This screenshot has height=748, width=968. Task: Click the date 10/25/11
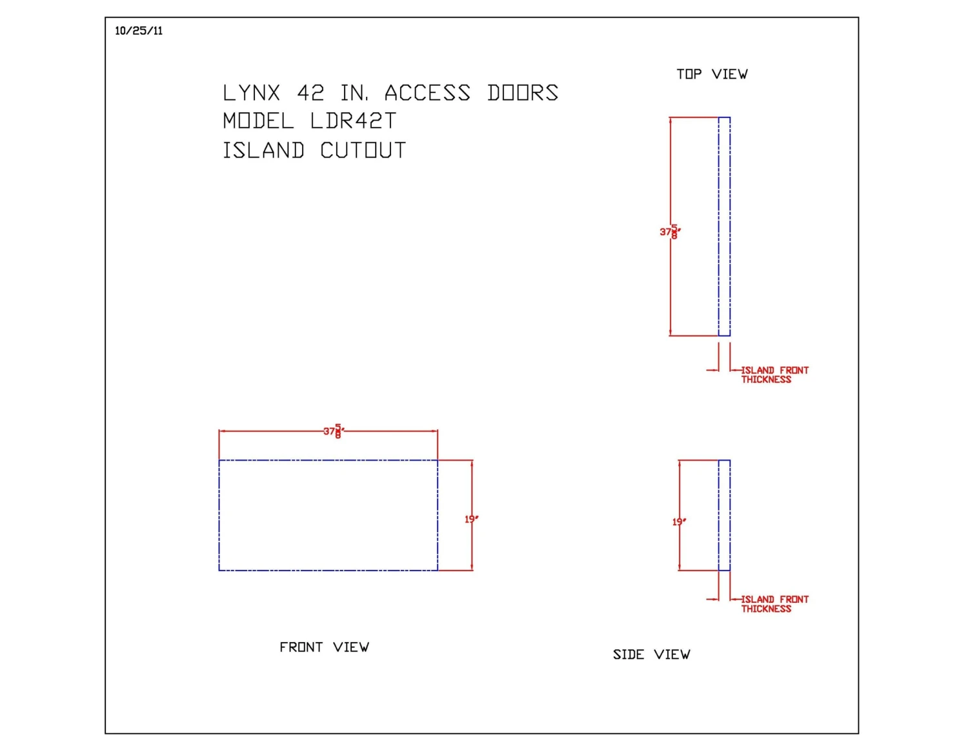click(139, 31)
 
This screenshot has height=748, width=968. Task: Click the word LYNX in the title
click(252, 93)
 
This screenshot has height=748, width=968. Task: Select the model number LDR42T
click(353, 121)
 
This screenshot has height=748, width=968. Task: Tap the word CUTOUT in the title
click(363, 150)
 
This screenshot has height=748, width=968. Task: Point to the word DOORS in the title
click(523, 93)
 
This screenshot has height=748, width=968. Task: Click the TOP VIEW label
click(712, 74)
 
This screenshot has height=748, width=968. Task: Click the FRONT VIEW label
click(324, 647)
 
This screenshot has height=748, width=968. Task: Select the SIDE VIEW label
click(651, 655)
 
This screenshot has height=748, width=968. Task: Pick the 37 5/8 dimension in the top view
click(670, 232)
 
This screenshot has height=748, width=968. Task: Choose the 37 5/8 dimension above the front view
click(334, 430)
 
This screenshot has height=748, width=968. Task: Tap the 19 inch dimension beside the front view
click(471, 519)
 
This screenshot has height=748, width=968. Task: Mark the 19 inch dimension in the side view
click(679, 521)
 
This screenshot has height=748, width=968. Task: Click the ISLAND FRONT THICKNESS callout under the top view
click(774, 375)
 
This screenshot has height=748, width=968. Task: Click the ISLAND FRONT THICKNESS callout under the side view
click(774, 604)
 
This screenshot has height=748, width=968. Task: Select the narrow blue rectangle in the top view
click(724, 227)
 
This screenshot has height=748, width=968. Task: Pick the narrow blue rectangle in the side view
click(724, 515)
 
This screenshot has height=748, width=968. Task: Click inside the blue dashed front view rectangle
click(328, 515)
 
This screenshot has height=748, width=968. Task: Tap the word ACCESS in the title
click(427, 93)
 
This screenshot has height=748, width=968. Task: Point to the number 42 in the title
click(310, 93)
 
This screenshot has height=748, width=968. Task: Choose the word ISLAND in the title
click(263, 150)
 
